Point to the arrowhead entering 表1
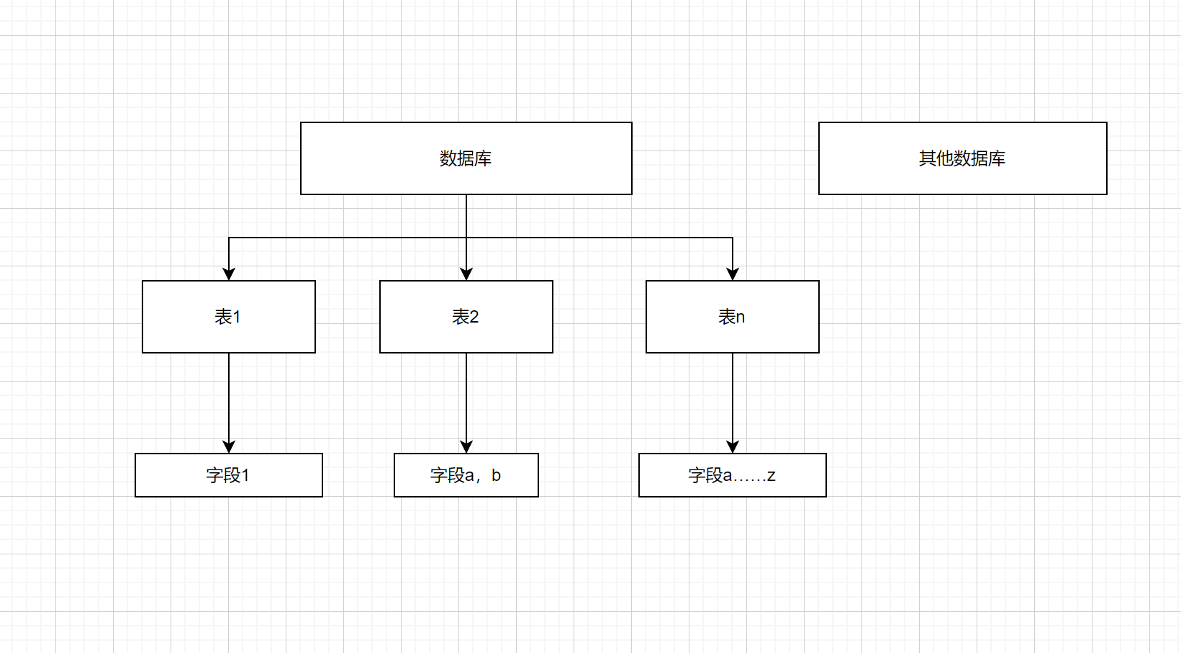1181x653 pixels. tap(229, 274)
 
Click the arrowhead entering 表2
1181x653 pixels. tap(466, 274)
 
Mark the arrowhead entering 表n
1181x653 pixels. tap(733, 274)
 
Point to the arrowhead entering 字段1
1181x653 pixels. tap(229, 446)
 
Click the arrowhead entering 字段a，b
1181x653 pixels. tap(466, 446)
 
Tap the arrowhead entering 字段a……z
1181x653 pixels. tap(733, 446)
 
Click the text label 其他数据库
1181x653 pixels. tap(962, 158)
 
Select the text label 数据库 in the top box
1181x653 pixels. tap(466, 158)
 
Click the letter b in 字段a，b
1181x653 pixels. tap(496, 475)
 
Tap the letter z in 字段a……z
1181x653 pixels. tap(771, 476)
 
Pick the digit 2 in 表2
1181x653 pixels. tap(474, 317)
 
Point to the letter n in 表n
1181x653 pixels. tap(741, 318)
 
